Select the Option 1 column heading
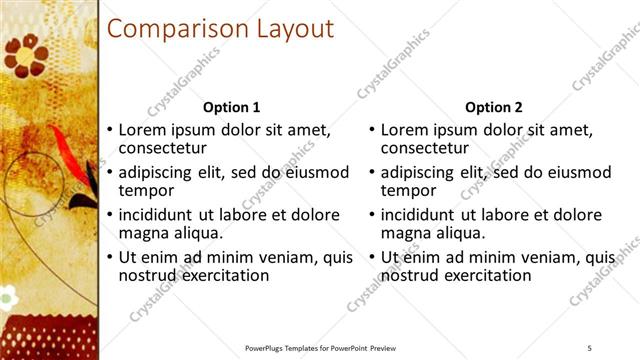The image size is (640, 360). click(231, 107)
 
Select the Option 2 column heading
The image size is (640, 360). click(494, 107)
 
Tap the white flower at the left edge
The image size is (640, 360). click(7, 296)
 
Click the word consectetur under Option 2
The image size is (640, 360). click(425, 148)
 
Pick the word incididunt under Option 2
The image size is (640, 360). click(418, 215)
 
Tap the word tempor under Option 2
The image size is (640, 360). click(410, 190)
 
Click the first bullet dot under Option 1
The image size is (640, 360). click(109, 131)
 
